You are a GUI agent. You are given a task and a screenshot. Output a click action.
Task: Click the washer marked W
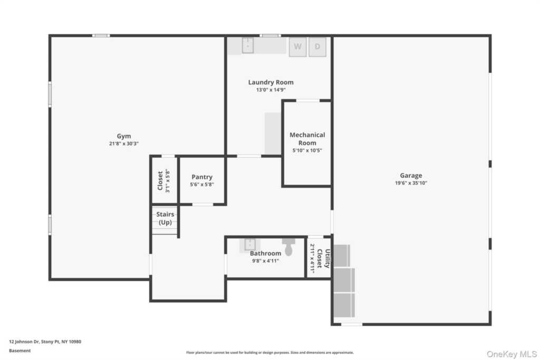297,46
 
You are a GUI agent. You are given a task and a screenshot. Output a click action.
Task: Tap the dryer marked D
317,46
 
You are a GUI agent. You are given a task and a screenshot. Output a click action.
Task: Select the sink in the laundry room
248,45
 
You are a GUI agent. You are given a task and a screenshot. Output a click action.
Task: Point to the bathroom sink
250,245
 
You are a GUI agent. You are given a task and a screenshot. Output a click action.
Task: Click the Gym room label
124,135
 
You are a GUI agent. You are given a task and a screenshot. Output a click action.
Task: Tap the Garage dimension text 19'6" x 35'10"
411,183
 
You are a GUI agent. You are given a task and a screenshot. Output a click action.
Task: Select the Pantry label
202,177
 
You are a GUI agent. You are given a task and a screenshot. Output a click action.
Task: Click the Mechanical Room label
307,139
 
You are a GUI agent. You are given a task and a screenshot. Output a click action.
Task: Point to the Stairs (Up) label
165,218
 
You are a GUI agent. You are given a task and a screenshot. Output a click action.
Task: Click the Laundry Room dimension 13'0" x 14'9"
271,90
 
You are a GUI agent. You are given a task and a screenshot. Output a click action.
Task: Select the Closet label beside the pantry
160,180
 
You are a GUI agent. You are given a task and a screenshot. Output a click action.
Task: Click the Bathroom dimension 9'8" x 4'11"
265,260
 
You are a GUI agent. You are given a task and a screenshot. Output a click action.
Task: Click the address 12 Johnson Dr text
45,342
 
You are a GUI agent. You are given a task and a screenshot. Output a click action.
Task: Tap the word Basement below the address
20,350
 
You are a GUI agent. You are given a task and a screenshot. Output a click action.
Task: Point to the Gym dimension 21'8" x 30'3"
124,143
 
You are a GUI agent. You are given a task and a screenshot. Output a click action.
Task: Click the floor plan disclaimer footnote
269,353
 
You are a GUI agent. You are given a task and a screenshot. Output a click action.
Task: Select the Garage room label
411,176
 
